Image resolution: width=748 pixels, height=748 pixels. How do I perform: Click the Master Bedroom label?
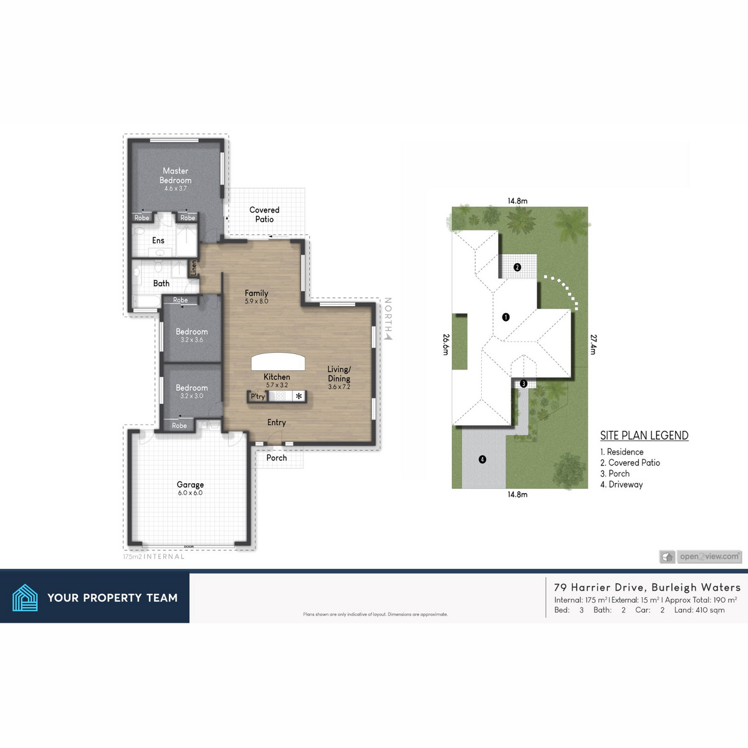coord(176,175)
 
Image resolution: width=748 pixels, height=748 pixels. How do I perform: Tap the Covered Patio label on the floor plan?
coord(264,214)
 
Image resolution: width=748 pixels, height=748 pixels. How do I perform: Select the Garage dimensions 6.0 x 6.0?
coord(190,493)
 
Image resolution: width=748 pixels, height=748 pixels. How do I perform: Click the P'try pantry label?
coord(258,396)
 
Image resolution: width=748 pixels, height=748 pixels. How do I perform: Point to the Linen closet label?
coord(194,268)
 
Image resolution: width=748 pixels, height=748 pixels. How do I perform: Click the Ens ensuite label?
coord(158,241)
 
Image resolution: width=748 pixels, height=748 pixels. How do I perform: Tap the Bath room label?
coord(161,283)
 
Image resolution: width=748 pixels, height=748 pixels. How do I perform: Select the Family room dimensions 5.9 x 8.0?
coord(256,301)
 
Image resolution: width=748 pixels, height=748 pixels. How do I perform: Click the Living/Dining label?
coord(339,374)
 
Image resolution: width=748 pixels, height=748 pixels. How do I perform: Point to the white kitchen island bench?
coord(279,362)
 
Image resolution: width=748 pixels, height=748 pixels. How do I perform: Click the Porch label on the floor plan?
coord(277,458)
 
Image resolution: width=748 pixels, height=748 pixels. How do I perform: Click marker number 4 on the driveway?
coord(482,459)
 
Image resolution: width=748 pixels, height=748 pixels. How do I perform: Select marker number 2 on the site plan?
coord(517,267)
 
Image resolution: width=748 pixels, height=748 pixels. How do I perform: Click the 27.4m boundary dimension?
coord(593,345)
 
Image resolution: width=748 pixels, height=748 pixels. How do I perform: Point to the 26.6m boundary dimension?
coord(446,344)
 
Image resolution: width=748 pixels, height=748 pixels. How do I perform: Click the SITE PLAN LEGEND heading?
coord(644,436)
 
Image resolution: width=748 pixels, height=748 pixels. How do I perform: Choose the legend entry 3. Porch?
coord(615,474)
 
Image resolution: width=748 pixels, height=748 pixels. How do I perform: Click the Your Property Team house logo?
coord(25,597)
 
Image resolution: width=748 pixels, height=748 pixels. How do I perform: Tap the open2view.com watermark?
coord(709,557)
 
